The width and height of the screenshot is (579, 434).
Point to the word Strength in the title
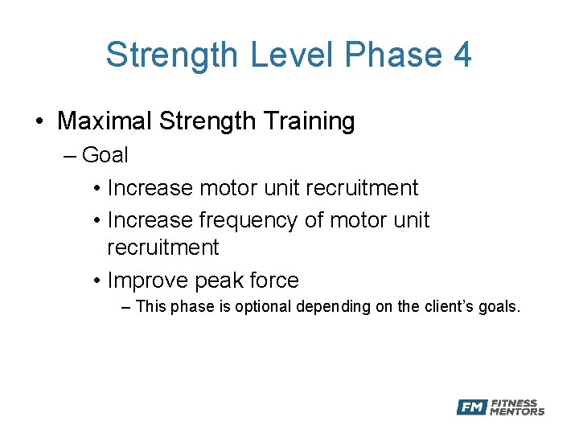(x=172, y=55)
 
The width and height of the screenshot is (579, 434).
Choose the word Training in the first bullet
(x=309, y=121)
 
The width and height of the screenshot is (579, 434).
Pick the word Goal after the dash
(x=105, y=154)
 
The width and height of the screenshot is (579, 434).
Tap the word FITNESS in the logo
(x=515, y=403)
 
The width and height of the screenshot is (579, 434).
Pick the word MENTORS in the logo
(x=517, y=412)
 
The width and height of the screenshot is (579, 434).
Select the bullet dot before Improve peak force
(x=96, y=281)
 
